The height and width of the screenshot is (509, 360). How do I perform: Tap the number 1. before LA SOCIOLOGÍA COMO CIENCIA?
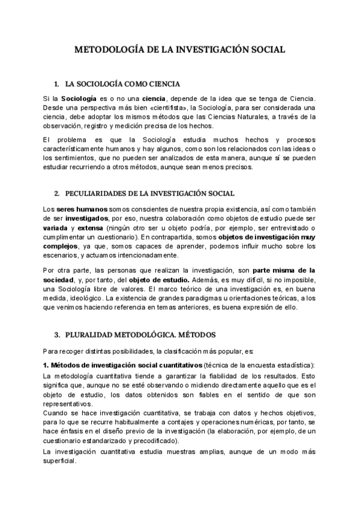coord(56,83)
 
